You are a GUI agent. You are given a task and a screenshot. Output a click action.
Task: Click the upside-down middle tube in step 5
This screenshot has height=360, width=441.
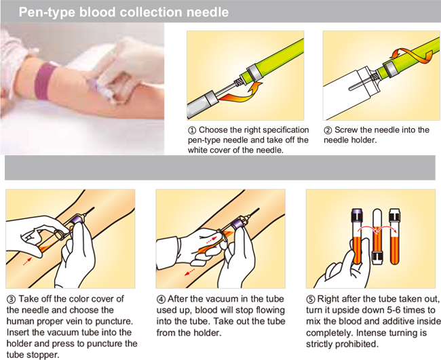click(377, 234)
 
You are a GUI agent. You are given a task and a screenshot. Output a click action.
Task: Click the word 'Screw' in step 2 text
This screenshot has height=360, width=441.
click(349, 129)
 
